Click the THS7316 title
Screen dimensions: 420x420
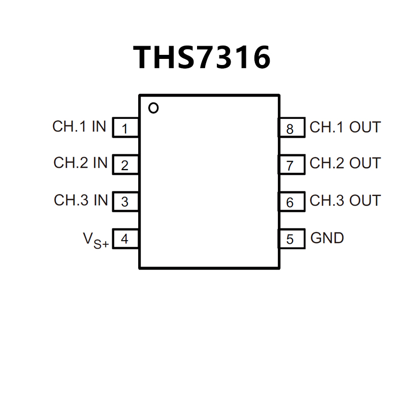click(202, 57)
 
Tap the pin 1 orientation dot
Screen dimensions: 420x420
click(153, 108)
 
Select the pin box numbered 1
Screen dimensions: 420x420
click(125, 128)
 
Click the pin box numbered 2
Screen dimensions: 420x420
click(125, 165)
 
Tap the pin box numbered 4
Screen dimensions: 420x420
click(125, 239)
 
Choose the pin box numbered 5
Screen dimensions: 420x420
click(290, 239)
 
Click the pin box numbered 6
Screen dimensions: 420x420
click(290, 202)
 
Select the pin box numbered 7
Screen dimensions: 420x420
click(290, 165)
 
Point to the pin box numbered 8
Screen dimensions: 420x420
click(290, 128)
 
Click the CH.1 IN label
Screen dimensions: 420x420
click(79, 126)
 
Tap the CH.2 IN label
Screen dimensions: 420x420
click(80, 163)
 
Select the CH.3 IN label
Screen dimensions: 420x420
click(81, 200)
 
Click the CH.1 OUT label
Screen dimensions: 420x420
click(345, 127)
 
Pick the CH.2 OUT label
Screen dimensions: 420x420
click(345, 164)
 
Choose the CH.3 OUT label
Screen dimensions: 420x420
click(345, 201)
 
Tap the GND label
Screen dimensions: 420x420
click(327, 238)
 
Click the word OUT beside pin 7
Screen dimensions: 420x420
click(365, 164)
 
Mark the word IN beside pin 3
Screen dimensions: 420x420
click(101, 200)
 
